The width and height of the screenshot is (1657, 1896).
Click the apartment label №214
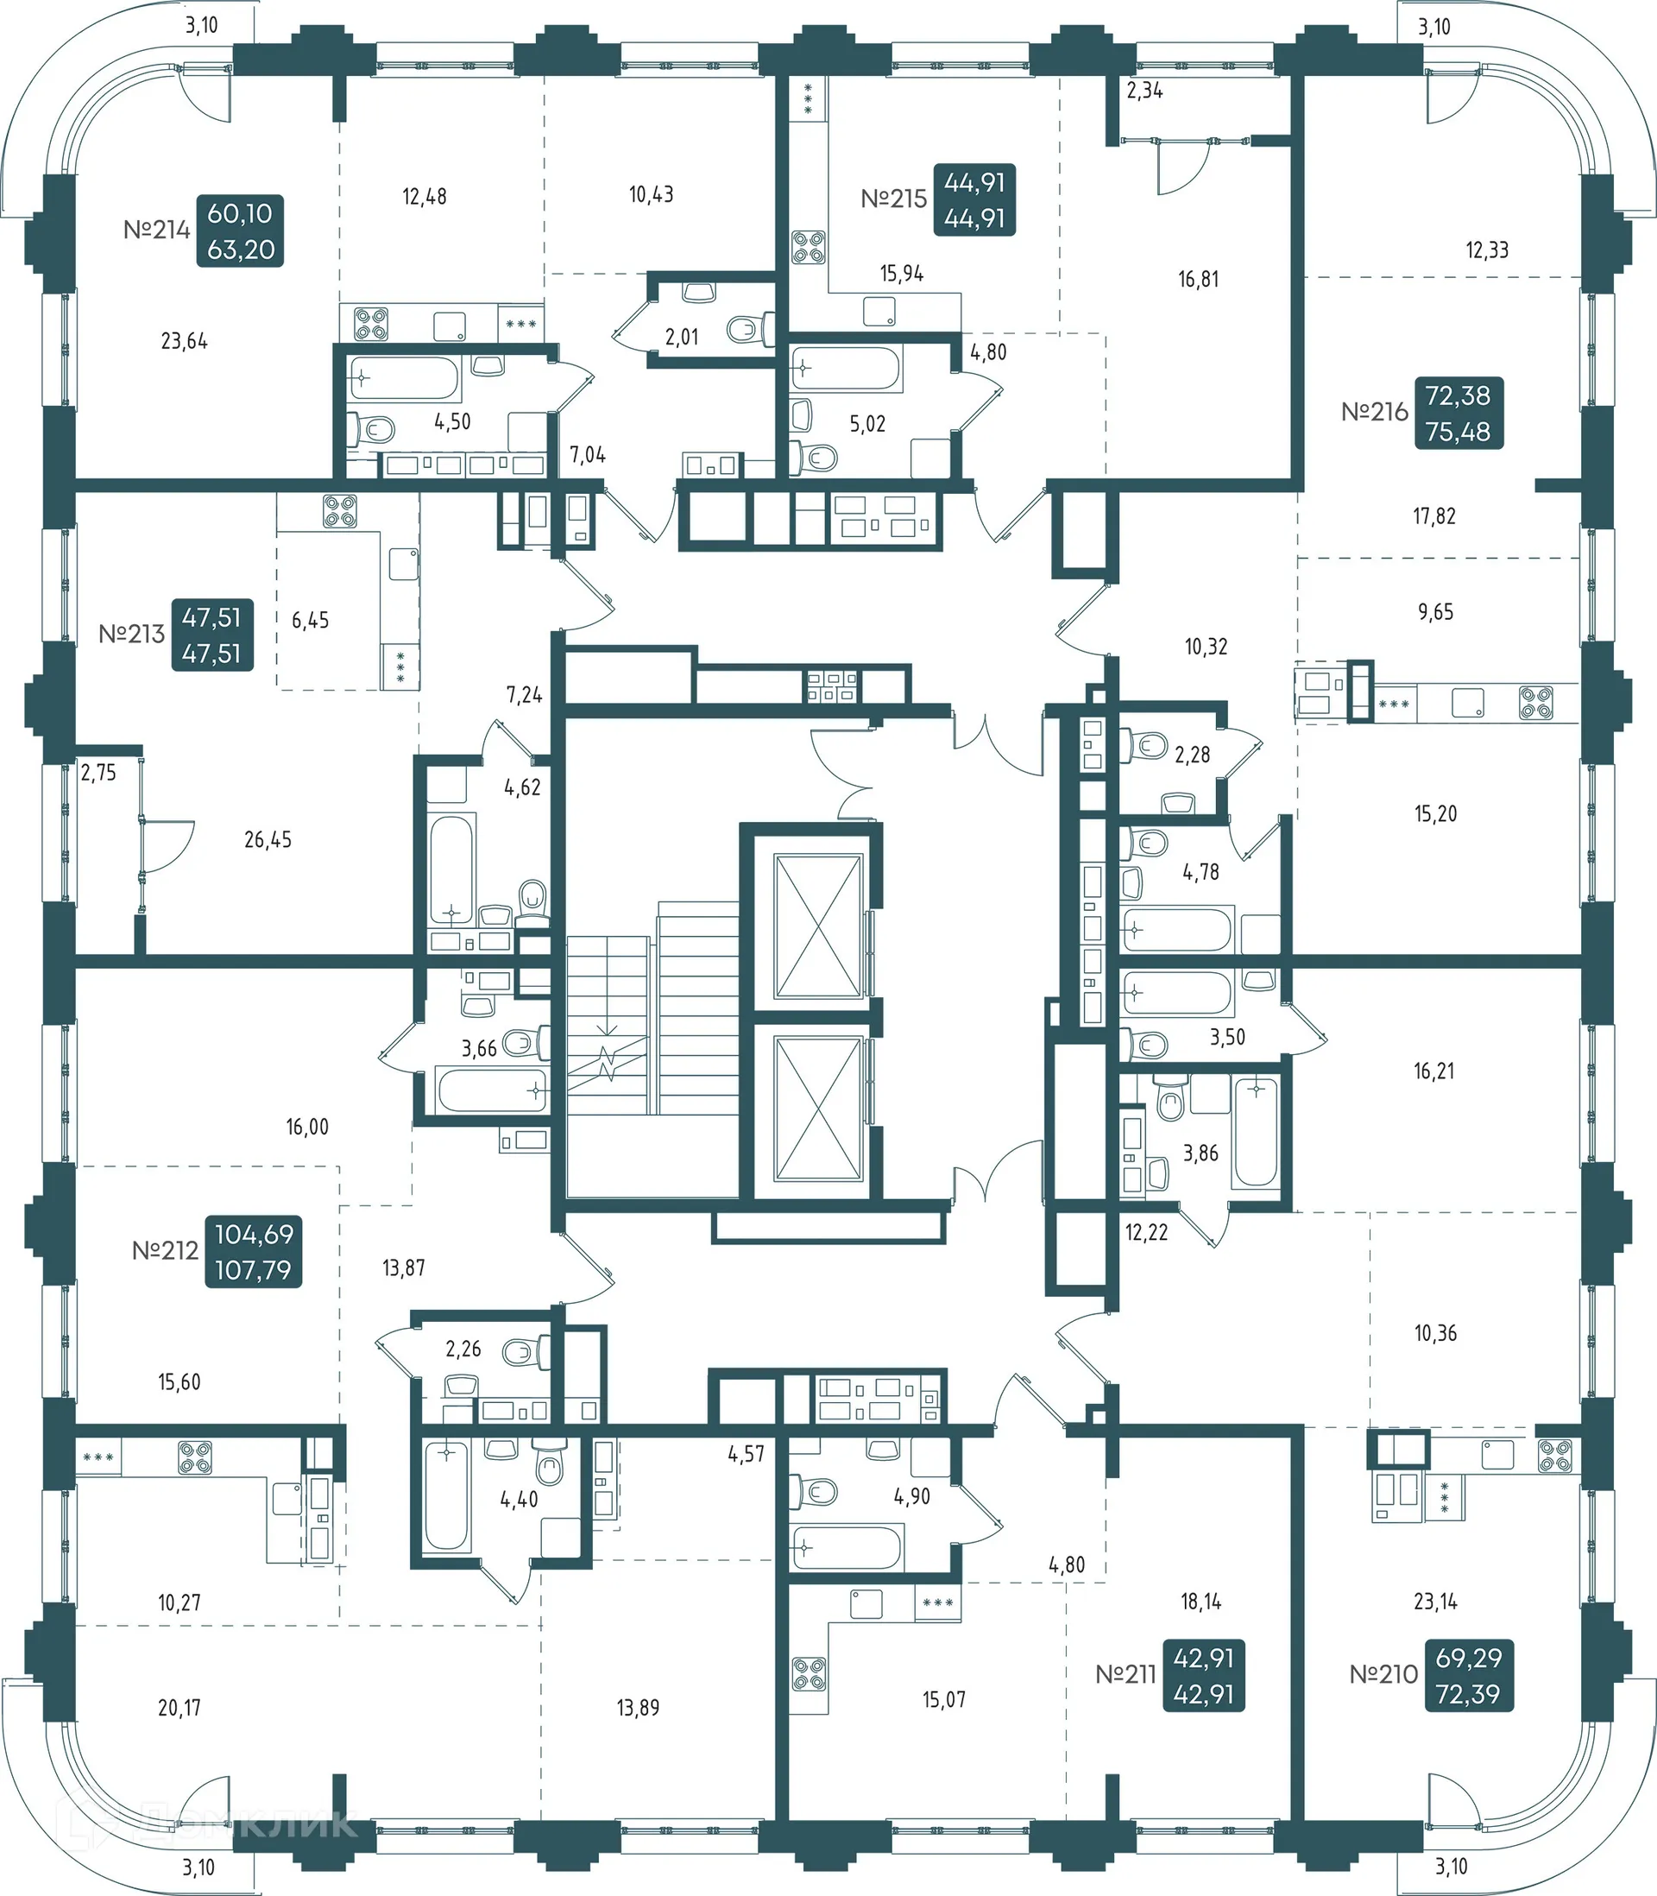click(156, 230)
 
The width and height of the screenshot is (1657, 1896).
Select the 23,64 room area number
click(184, 341)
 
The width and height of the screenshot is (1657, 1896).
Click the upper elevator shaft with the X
click(817, 926)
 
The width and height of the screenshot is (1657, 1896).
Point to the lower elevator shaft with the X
click(817, 1109)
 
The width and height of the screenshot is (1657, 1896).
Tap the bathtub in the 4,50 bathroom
click(404, 378)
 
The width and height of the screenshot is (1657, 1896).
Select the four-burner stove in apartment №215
click(808, 247)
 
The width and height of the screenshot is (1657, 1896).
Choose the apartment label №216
click(1374, 412)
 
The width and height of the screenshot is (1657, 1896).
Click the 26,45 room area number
click(268, 840)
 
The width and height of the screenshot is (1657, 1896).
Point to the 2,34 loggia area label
click(1144, 91)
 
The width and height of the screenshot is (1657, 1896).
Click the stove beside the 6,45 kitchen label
click(339, 510)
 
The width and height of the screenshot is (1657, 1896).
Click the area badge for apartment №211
click(1203, 1675)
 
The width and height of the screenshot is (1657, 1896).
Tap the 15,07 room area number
click(943, 1700)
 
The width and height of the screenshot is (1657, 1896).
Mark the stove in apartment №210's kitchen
click(1554, 1457)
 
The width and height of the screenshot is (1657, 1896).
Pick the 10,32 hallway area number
click(1206, 648)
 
